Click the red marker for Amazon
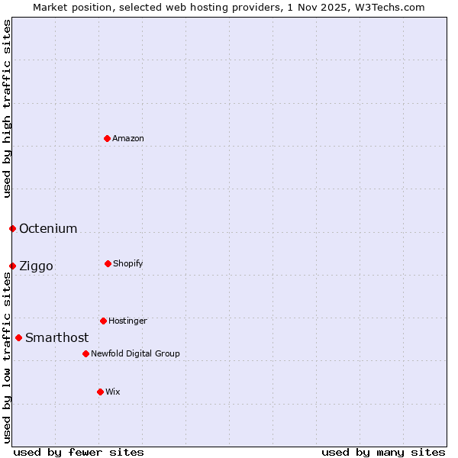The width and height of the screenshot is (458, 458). pyautogui.click(x=107, y=138)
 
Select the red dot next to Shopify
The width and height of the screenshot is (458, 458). pyautogui.click(x=108, y=263)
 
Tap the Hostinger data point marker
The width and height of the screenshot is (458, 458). pyautogui.click(x=103, y=321)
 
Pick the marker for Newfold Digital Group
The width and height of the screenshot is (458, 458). pyautogui.click(x=85, y=353)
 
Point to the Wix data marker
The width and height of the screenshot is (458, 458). pyautogui.click(x=100, y=392)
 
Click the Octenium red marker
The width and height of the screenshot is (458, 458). pyautogui.click(x=12, y=228)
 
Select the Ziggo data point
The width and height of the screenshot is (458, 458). pyautogui.click(x=12, y=266)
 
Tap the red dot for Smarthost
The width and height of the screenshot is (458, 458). pyautogui.click(x=18, y=337)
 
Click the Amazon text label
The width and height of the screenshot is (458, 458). pyautogui.click(x=128, y=138)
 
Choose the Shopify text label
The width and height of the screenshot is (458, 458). pyautogui.click(x=128, y=263)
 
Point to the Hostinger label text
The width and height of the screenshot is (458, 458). pyautogui.click(x=127, y=321)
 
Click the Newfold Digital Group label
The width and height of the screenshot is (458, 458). pyautogui.click(x=135, y=353)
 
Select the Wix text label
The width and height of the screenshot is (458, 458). pyautogui.click(x=113, y=392)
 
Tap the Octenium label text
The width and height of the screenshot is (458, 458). pyautogui.click(x=48, y=228)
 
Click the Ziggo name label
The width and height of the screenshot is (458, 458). pyautogui.click(x=36, y=266)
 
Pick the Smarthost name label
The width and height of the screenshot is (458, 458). pyautogui.click(x=56, y=337)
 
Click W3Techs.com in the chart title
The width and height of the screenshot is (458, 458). pyautogui.click(x=392, y=7)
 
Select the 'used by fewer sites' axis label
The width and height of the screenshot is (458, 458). pyautogui.click(x=79, y=452)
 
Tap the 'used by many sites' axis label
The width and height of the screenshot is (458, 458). pyautogui.click(x=383, y=452)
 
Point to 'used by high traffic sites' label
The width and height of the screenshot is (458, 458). pyautogui.click(x=7, y=108)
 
